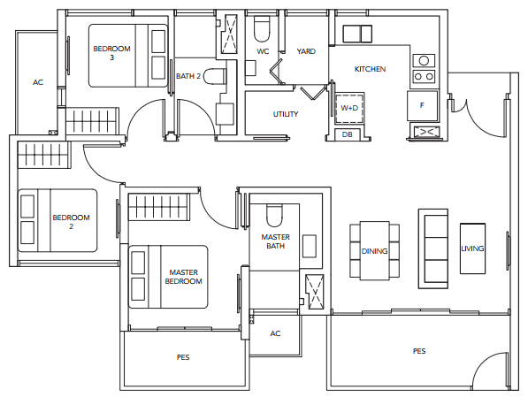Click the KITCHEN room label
[370, 69]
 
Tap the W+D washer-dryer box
[349, 108]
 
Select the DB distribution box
[348, 134]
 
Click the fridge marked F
[422, 106]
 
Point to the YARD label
[306, 51]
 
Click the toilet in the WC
[262, 29]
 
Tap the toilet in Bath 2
[215, 76]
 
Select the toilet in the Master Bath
[274, 216]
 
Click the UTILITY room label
[286, 114]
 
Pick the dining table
[374, 251]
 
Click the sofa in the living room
[433, 248]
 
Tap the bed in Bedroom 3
[128, 56]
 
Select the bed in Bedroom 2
[57, 220]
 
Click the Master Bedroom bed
[168, 277]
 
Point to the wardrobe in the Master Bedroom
[159, 208]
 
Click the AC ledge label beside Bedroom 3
[38, 82]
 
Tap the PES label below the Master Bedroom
[183, 357]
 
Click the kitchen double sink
[357, 34]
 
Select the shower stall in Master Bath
[315, 292]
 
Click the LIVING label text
[472, 248]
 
